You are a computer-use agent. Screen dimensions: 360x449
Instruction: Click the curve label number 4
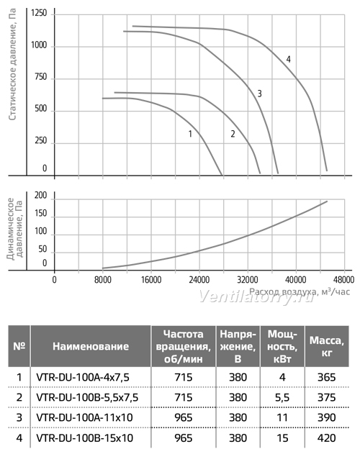(x=288, y=59)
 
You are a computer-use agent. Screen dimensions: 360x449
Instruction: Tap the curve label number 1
(x=190, y=134)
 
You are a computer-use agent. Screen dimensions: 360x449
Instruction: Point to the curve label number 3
(x=259, y=94)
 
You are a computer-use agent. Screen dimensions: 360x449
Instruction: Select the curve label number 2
(x=233, y=134)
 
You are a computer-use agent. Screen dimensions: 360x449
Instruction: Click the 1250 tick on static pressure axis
(x=39, y=13)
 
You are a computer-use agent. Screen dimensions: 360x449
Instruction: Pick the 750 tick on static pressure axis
(x=41, y=77)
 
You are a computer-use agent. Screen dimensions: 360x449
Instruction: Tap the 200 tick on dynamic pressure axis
(x=41, y=196)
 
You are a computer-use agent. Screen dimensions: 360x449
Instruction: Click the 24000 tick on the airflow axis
(x=199, y=279)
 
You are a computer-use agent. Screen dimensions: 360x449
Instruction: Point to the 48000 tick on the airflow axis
(x=344, y=279)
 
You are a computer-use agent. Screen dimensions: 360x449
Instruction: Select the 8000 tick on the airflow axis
(x=103, y=279)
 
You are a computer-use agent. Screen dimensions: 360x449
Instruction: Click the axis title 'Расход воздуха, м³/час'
(x=300, y=292)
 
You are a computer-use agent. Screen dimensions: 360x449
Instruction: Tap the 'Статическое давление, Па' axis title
(x=12, y=64)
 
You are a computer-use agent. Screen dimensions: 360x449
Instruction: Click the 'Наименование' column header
(x=91, y=347)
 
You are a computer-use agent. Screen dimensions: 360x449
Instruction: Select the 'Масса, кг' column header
(x=326, y=347)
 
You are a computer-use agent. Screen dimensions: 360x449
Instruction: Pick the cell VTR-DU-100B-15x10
(x=85, y=437)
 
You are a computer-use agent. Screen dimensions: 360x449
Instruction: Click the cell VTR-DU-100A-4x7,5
(x=83, y=378)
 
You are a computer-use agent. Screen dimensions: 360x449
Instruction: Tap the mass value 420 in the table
(x=326, y=437)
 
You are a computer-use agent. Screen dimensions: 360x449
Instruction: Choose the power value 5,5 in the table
(x=282, y=397)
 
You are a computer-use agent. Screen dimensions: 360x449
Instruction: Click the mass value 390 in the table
(x=326, y=417)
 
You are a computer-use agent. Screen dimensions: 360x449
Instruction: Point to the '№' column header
(x=19, y=347)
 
